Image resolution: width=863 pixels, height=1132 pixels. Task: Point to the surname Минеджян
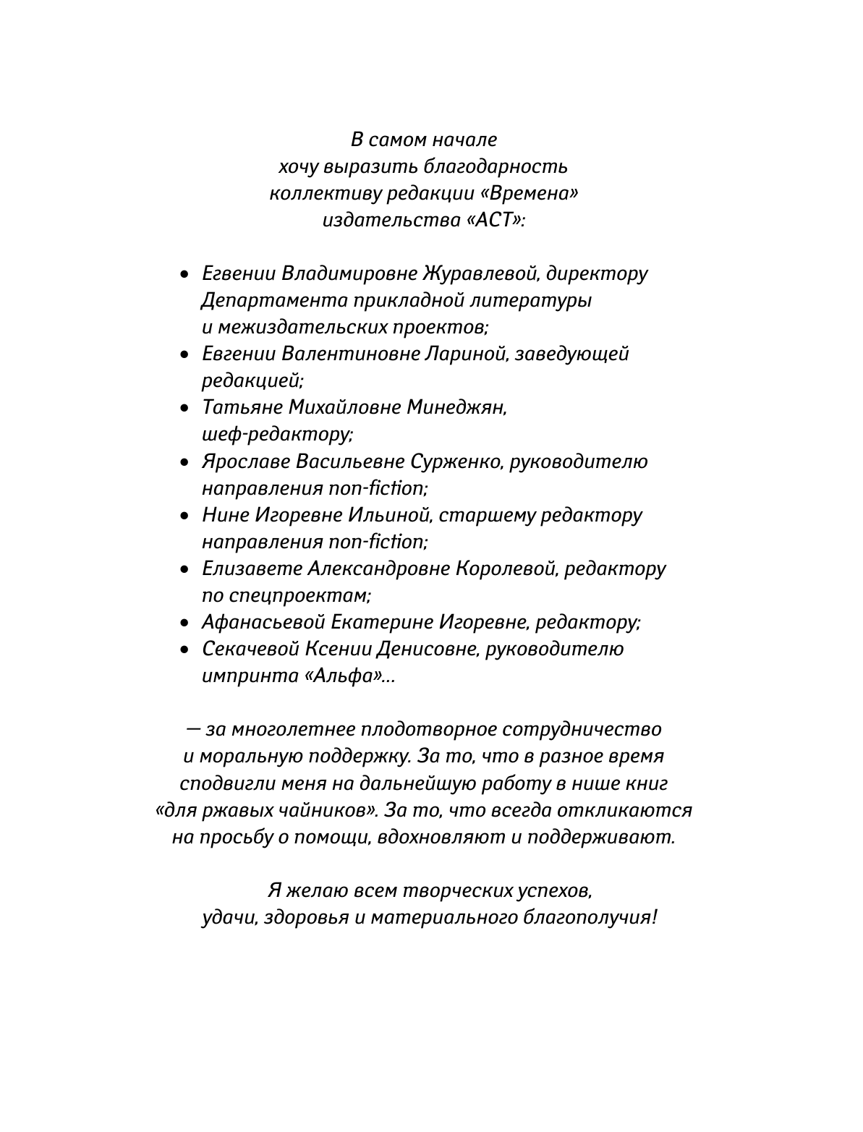tap(455, 407)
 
